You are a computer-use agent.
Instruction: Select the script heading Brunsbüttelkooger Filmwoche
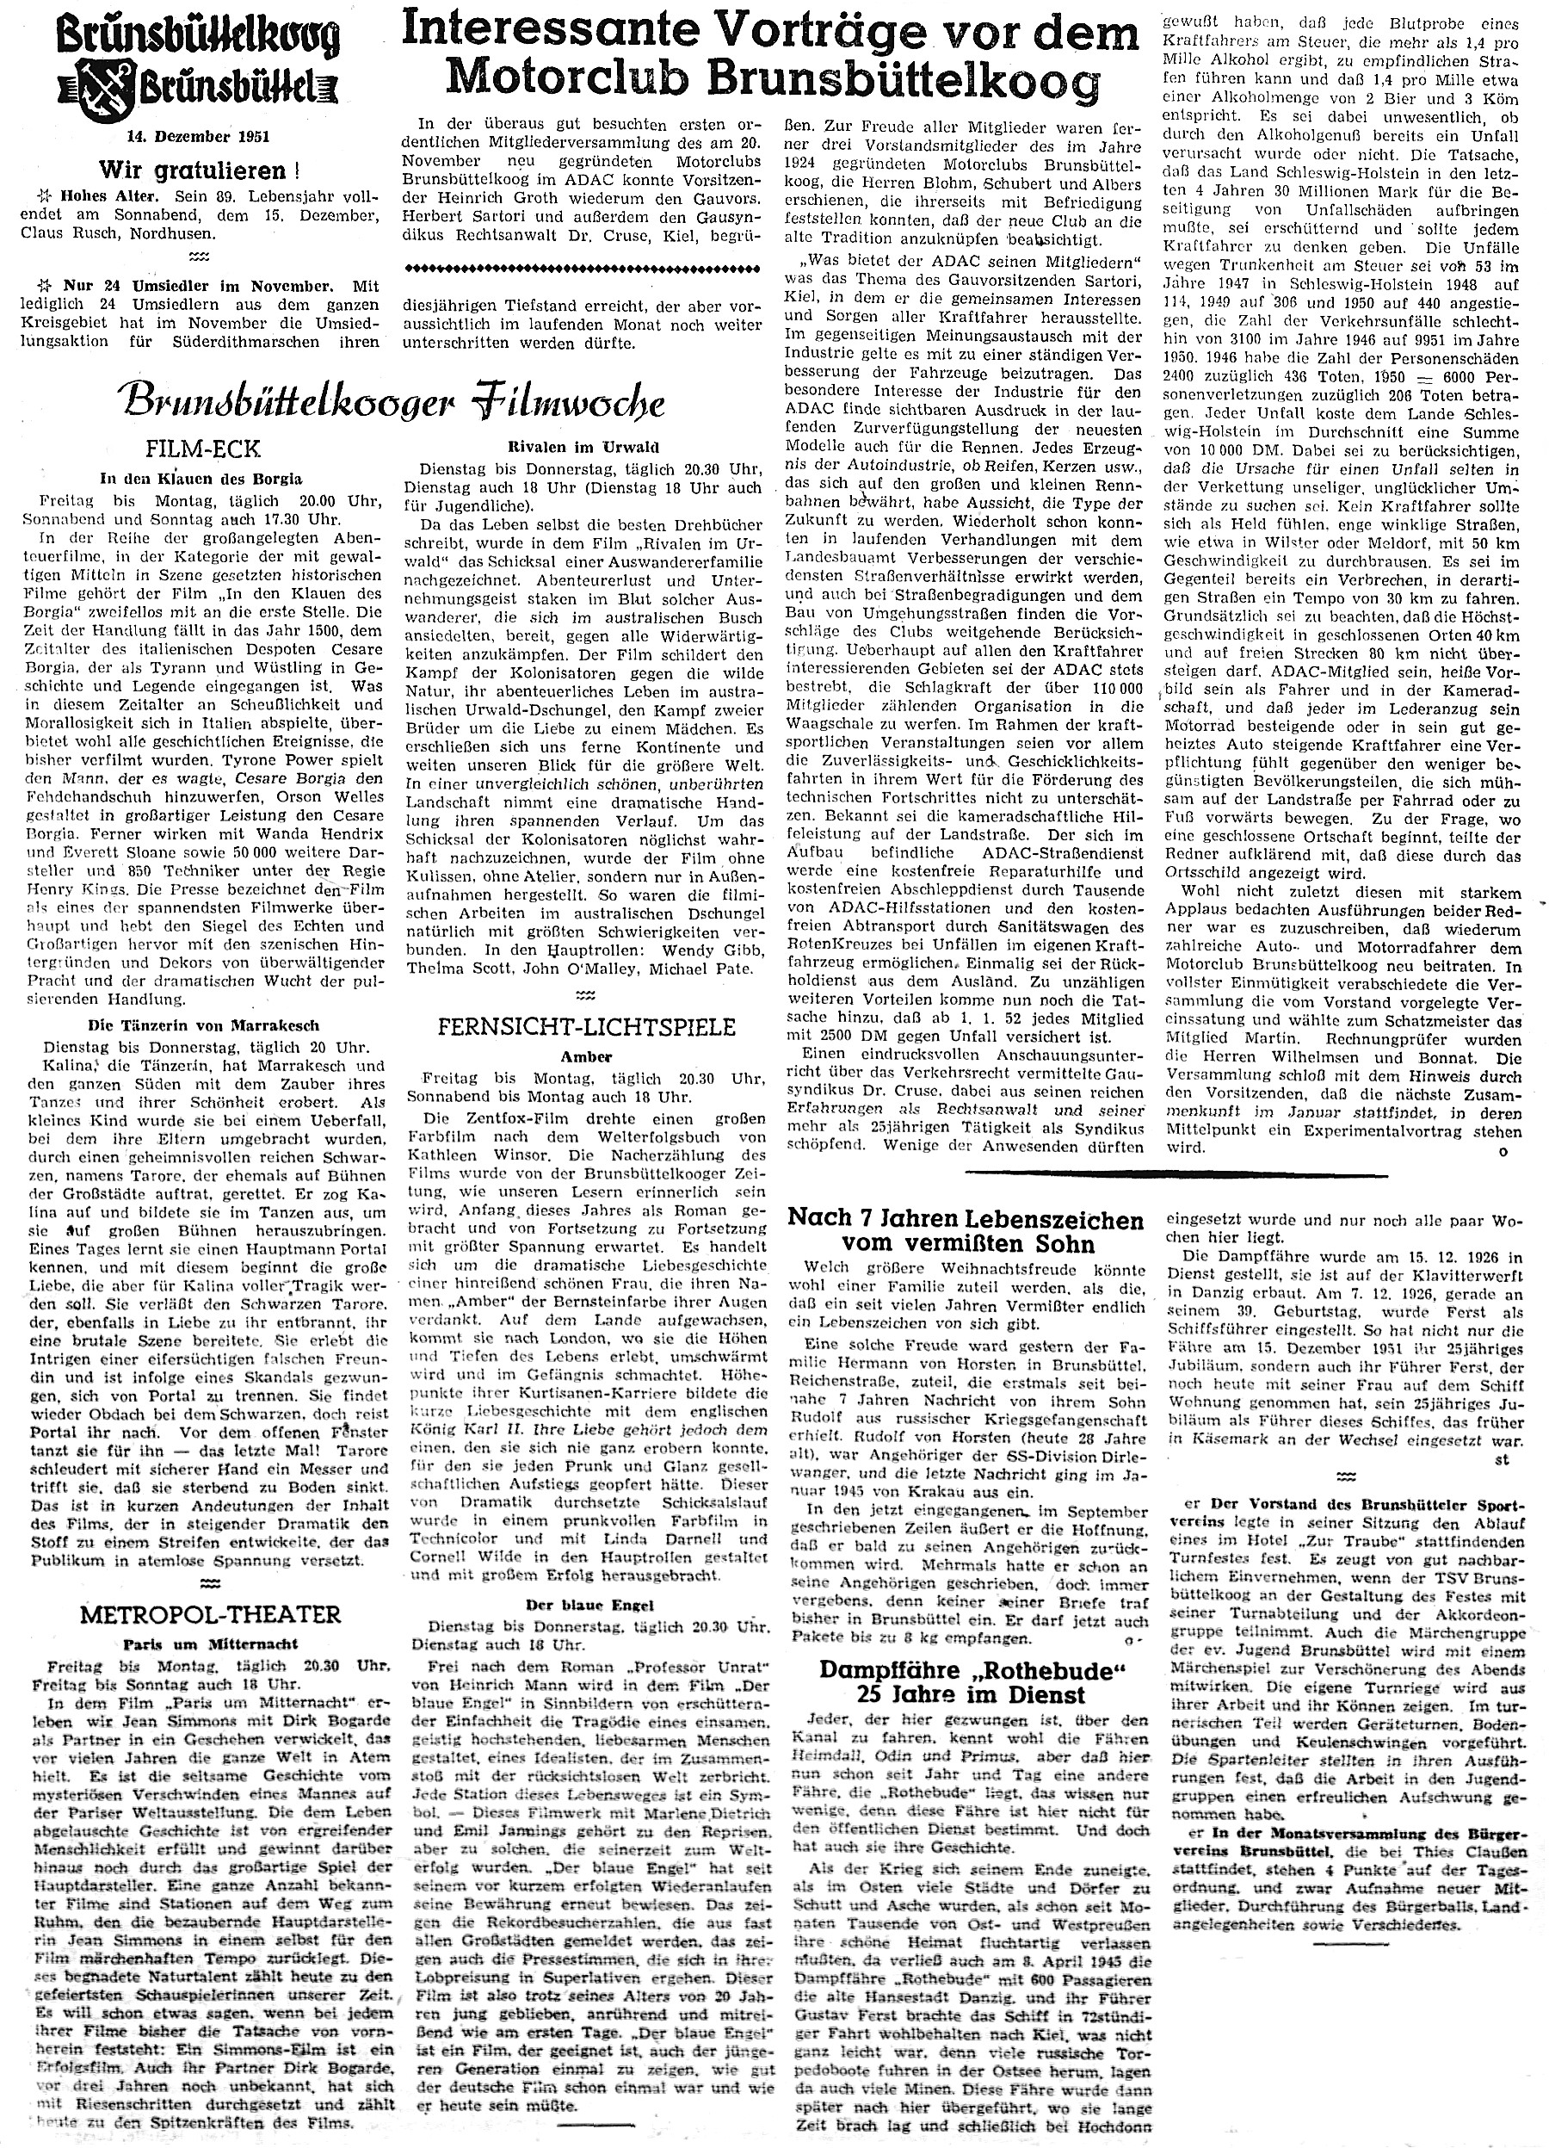[x=394, y=404]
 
